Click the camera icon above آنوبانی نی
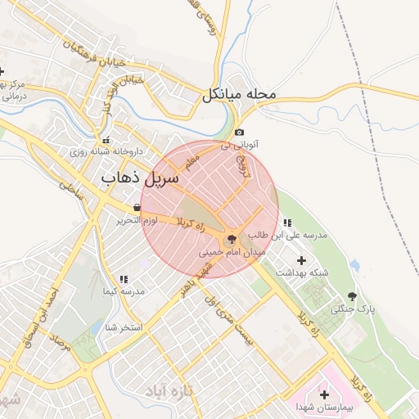(239, 133)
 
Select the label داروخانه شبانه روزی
(106, 151)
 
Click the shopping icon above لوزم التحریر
(136, 208)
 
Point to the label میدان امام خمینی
(233, 254)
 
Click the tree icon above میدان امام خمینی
(232, 240)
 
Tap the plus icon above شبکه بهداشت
(301, 259)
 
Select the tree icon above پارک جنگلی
(353, 296)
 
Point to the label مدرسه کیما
(124, 291)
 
